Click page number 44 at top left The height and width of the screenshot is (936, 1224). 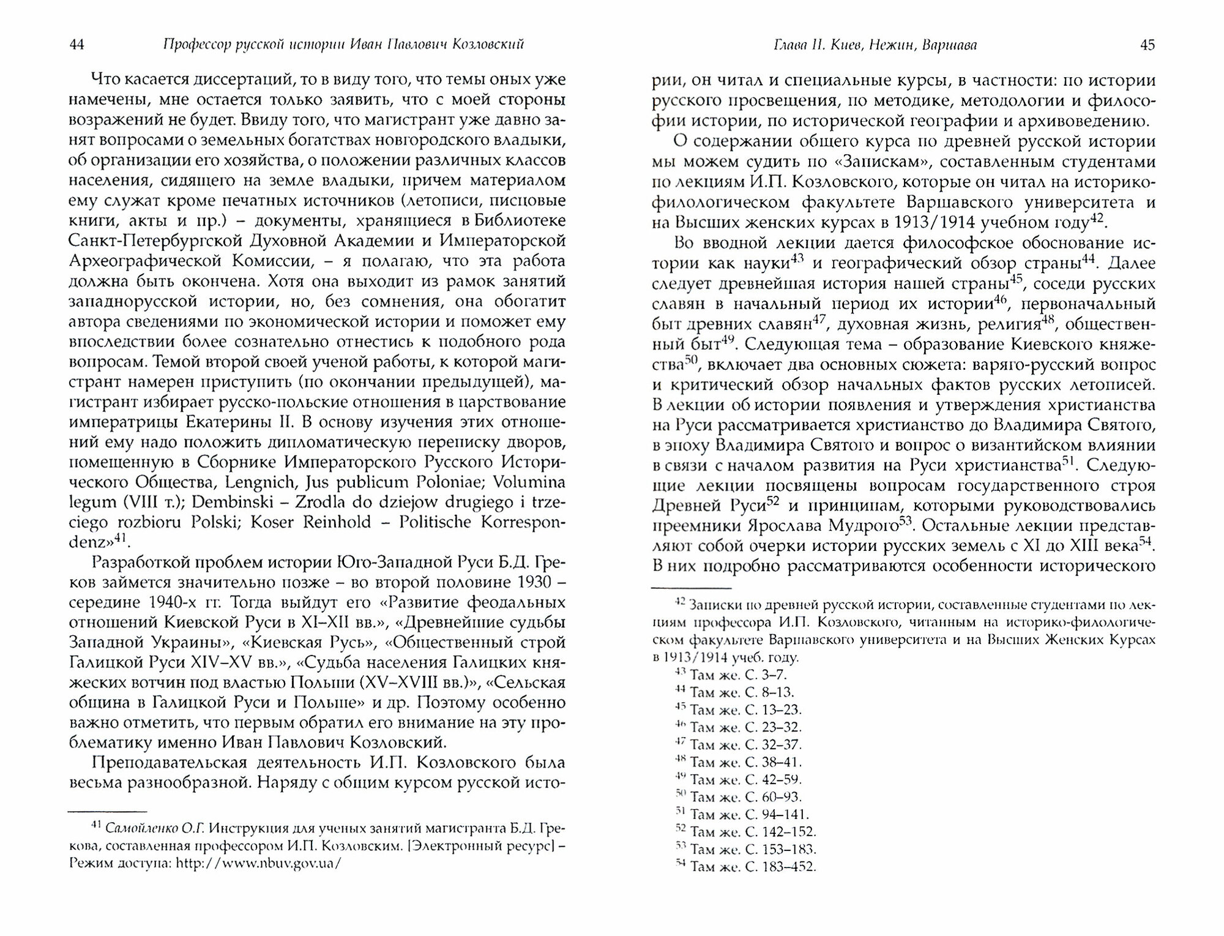(x=77, y=45)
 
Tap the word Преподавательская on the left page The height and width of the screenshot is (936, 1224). (x=169, y=763)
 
